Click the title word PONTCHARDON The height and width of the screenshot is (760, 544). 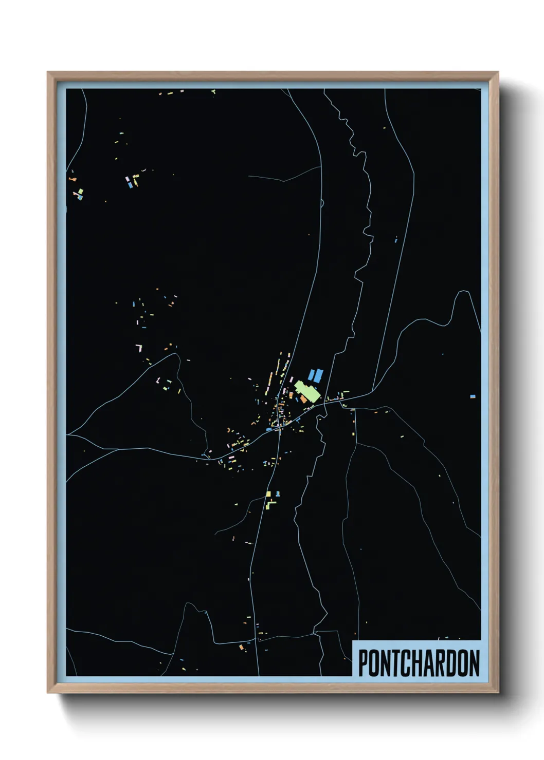(x=419, y=663)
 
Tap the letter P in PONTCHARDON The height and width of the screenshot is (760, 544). (x=363, y=663)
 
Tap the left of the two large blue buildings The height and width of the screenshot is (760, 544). (x=311, y=375)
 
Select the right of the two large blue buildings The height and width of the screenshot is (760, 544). (x=319, y=375)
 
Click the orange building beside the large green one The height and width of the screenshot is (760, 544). (x=303, y=399)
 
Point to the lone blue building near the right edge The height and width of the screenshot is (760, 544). (x=473, y=396)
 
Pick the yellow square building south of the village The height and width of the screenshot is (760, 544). (x=268, y=494)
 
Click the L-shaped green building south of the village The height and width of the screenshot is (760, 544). (x=270, y=504)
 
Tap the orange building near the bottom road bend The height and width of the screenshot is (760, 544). (x=241, y=647)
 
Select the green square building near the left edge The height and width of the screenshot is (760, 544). (x=80, y=192)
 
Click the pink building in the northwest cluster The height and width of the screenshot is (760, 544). (x=127, y=179)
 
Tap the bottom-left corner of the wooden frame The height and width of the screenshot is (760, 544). (x=48, y=692)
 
